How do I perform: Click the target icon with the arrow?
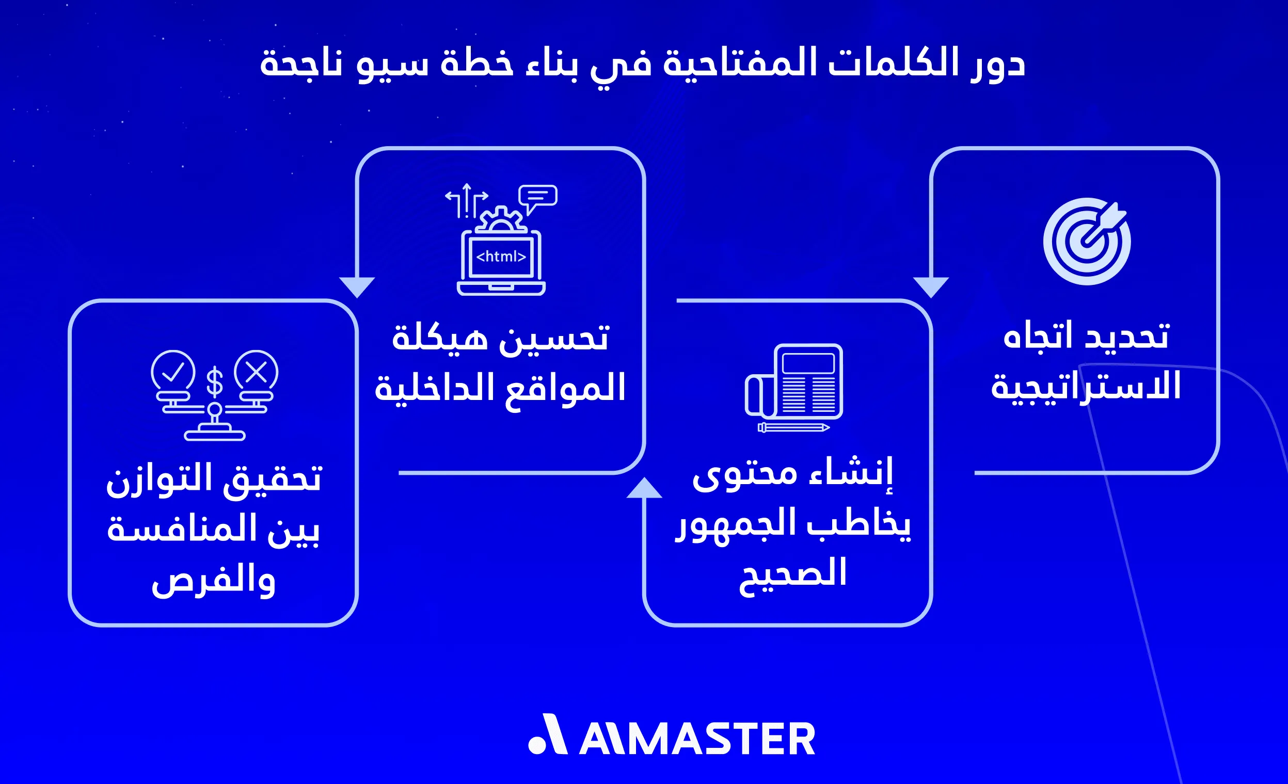click(x=1087, y=241)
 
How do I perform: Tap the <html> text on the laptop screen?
click(x=501, y=256)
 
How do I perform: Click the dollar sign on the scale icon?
click(x=214, y=382)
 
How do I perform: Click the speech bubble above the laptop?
click(x=538, y=196)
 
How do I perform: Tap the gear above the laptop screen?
click(x=501, y=219)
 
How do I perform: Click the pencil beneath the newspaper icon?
click(x=793, y=427)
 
